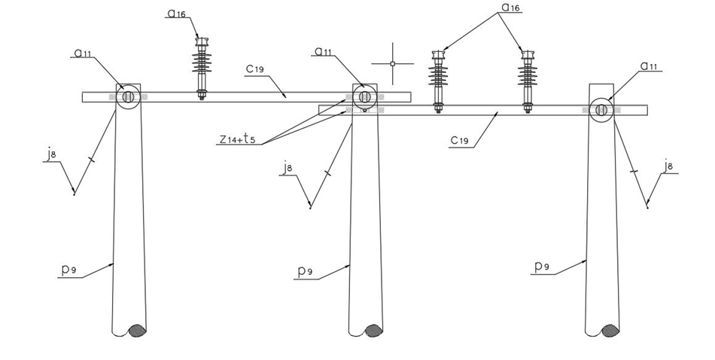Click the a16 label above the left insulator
point(176,14)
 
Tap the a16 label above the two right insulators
point(510,8)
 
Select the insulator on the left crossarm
point(202,68)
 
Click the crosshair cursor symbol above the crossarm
point(393,64)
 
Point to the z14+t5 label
point(237,139)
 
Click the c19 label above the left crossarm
point(255,69)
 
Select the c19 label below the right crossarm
point(460,140)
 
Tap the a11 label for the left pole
point(83,53)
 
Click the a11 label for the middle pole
point(324,51)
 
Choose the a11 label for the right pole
point(650,66)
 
